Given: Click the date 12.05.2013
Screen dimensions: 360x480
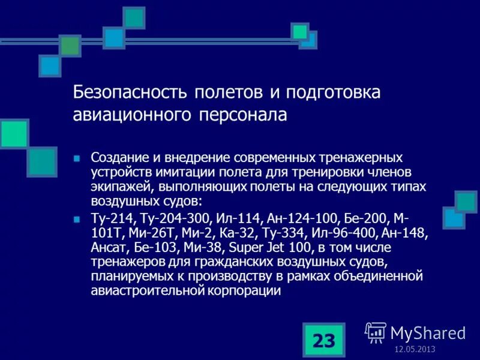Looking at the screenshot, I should point(415,350).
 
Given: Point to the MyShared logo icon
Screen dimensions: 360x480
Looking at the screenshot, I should point(376,332).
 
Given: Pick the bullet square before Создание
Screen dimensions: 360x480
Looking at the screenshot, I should point(76,158).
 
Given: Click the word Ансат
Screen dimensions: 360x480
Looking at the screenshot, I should point(106,247).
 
